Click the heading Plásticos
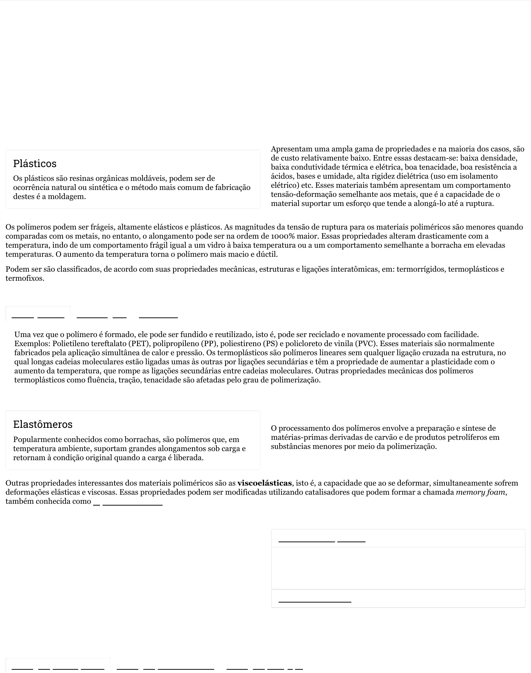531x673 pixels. pyautogui.click(x=35, y=164)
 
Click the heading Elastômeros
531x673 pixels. pyautogui.click(x=43, y=425)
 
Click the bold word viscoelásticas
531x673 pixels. pyautogui.click(x=264, y=483)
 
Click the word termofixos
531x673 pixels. pyautogui.click(x=24, y=279)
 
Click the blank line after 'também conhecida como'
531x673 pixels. pyautogui.click(x=132, y=504)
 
